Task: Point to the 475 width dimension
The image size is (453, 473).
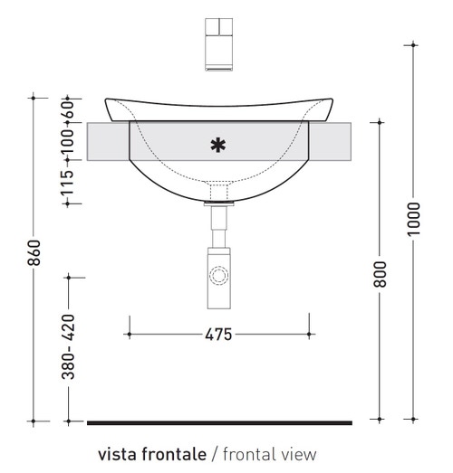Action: pos(218,335)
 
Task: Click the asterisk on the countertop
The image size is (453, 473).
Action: pos(217,144)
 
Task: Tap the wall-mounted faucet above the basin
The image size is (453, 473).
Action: pos(218,43)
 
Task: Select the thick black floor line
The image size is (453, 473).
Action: pos(218,422)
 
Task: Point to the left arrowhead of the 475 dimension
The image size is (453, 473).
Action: pos(129,335)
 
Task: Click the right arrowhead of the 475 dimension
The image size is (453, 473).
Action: pos(309,335)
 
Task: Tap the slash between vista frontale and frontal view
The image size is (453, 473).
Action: pos(214,453)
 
